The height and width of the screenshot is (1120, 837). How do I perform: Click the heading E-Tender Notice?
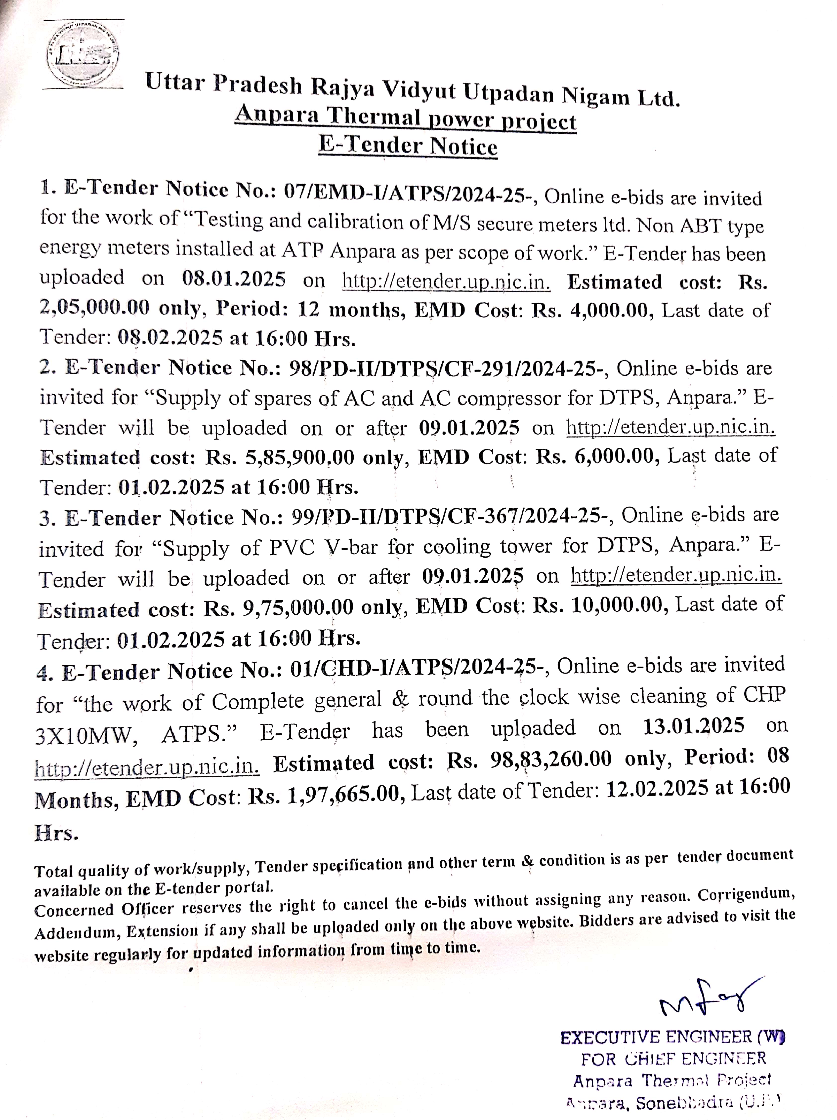[408, 146]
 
